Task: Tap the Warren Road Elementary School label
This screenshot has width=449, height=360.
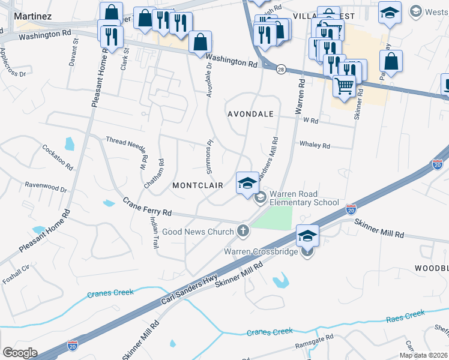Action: (304, 198)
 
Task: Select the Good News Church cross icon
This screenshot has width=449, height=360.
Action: (243, 230)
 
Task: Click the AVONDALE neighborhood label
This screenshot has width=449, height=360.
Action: (250, 114)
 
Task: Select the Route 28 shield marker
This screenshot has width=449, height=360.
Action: (281, 70)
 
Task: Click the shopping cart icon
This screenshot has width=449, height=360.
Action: (344, 85)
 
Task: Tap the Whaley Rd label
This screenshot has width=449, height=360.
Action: (315, 145)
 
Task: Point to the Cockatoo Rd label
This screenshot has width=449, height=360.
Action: (58, 157)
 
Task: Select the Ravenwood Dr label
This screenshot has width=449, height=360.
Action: (46, 187)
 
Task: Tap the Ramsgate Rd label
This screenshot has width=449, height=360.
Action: (313, 346)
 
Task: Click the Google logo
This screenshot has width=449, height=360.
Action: (19, 353)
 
